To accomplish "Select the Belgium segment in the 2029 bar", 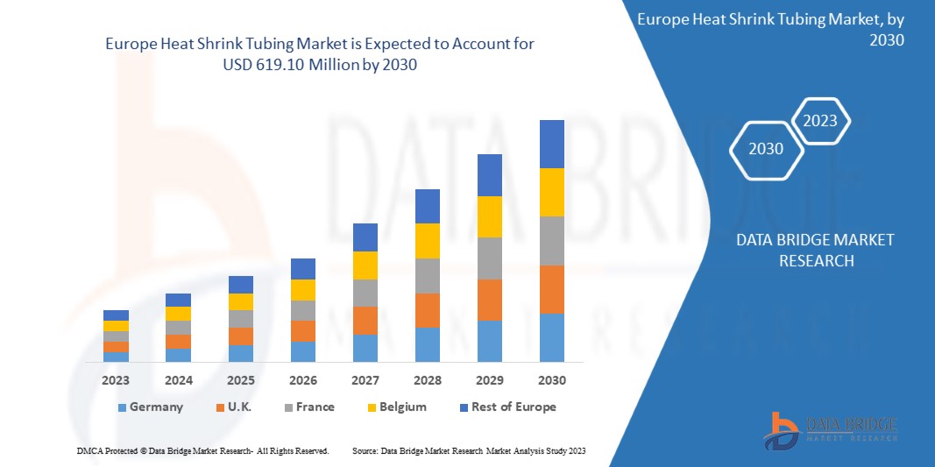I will coord(489,216).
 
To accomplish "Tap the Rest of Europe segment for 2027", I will coord(365,237).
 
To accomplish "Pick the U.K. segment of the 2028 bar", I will coord(427,310).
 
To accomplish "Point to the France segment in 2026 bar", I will coord(302,310).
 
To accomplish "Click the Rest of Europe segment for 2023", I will coord(116,315).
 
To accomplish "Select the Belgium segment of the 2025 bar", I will coord(240,301).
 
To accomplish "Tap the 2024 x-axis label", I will coord(178,380).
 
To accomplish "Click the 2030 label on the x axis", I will coord(551,380).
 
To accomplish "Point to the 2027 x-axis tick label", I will coord(365,380).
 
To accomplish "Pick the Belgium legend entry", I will coord(396,407).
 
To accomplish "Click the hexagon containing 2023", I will coord(820,122).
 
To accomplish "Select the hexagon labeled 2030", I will coord(766,149).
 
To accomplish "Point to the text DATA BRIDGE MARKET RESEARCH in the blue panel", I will coord(815,250).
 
